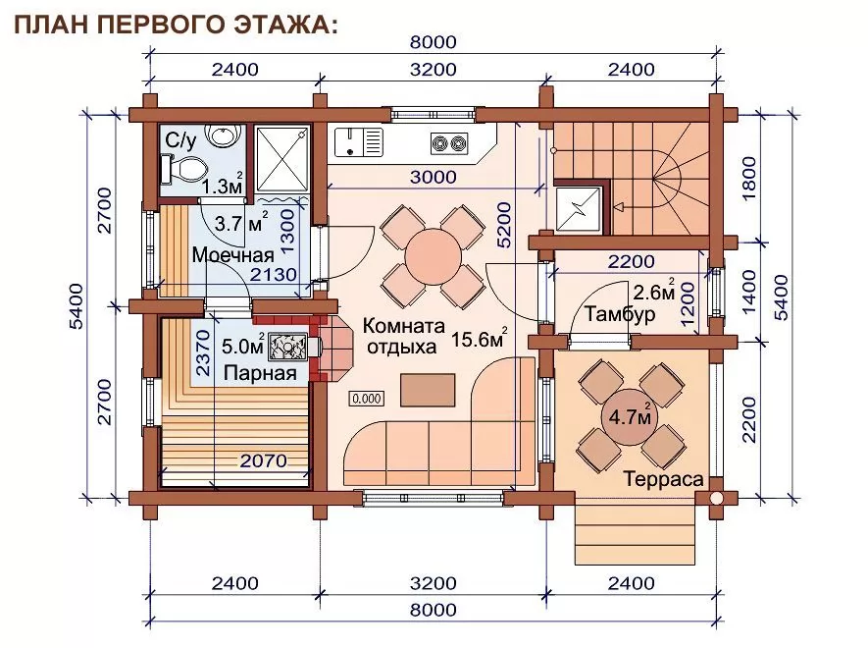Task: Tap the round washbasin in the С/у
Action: [223, 135]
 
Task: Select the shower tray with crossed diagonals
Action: [282, 159]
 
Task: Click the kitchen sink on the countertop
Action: [359, 141]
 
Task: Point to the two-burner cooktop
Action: [449, 143]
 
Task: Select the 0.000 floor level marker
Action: [367, 399]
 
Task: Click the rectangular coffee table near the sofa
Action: [428, 390]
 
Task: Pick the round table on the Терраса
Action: [630, 417]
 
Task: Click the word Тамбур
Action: [620, 314]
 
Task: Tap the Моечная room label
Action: [233, 254]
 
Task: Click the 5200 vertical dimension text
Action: [504, 225]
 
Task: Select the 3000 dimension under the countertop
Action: [433, 177]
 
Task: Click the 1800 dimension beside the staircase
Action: [748, 179]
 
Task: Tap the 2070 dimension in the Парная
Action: [264, 460]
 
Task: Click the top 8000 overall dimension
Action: [433, 42]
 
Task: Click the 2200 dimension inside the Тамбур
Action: [631, 261]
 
